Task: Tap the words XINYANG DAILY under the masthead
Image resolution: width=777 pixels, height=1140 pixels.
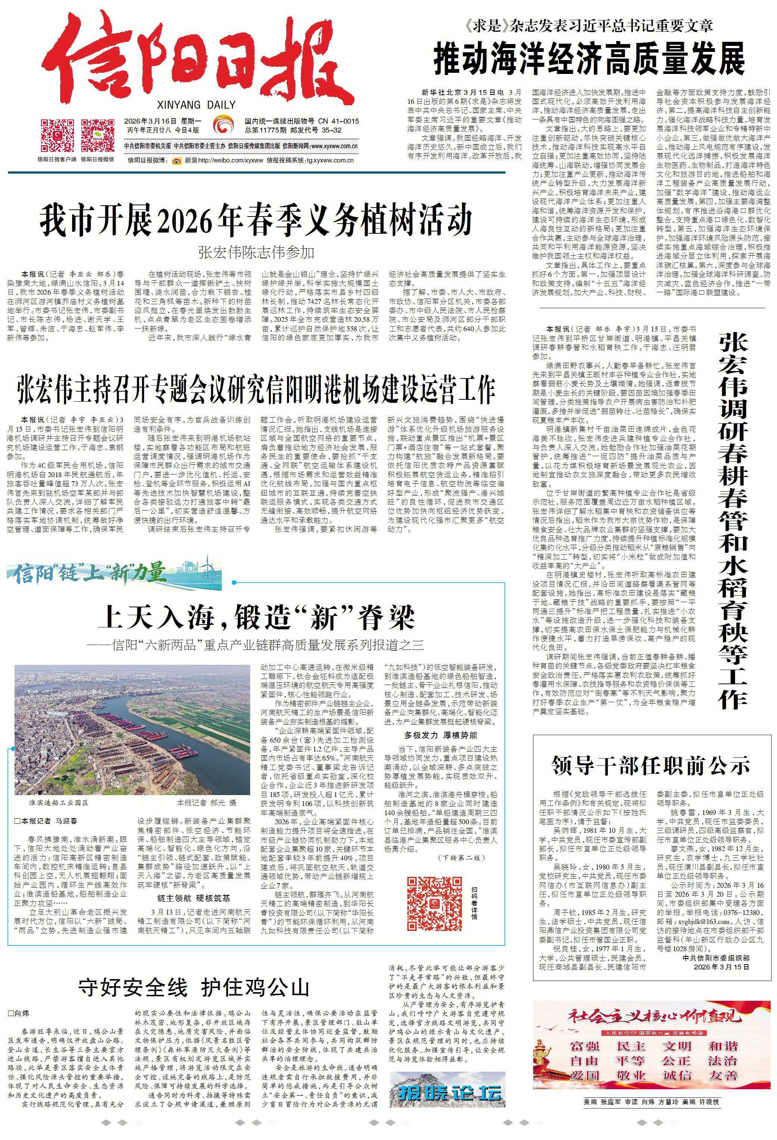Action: coord(196,105)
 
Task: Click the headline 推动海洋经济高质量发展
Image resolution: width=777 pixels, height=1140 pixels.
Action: coord(589,58)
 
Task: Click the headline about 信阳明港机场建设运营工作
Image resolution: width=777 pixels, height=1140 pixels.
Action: coord(255,390)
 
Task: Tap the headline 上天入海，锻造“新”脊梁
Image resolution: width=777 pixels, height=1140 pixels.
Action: coord(255,617)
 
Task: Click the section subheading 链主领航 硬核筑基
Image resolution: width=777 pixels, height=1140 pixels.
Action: coord(193,898)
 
